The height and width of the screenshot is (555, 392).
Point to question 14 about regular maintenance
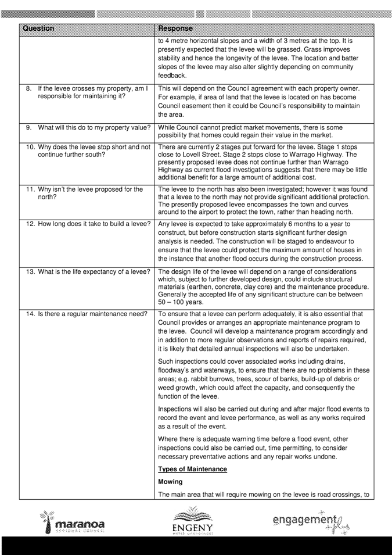point(81,314)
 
